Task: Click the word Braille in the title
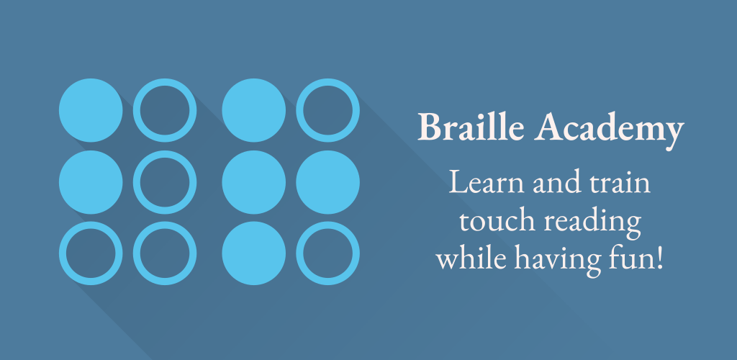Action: (471, 126)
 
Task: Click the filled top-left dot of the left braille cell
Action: (91, 110)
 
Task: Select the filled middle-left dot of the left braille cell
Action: (91, 182)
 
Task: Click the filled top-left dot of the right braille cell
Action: (254, 110)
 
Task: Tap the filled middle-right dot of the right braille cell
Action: (327, 182)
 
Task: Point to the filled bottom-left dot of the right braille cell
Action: (254, 253)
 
